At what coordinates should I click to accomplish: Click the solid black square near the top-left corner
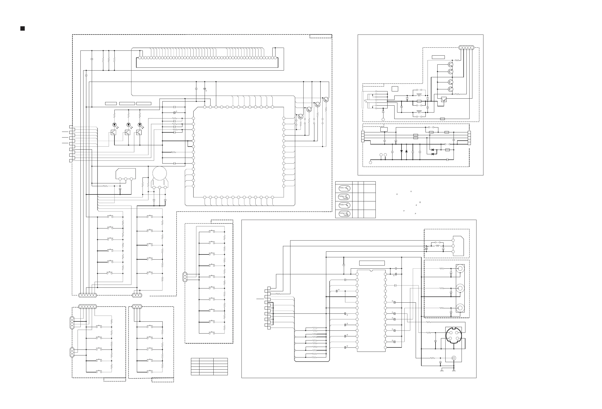[22, 29]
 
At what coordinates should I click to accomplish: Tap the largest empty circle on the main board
[160, 173]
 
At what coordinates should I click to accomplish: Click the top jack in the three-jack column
[460, 268]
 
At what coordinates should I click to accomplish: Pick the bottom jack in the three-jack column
[460, 308]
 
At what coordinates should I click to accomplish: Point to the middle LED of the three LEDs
[128, 125]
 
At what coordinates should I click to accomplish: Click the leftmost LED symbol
[114, 125]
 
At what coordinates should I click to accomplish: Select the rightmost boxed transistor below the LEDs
[139, 132]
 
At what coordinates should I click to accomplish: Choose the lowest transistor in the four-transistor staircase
[300, 116]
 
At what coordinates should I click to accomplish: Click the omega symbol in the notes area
[420, 202]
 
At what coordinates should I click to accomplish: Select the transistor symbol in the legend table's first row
[344, 189]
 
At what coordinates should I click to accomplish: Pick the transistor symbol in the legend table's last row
[344, 214]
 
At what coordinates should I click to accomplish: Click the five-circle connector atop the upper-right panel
[466, 48]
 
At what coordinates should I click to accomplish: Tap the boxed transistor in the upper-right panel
[444, 99]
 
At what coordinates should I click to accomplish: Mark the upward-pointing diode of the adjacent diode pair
[406, 151]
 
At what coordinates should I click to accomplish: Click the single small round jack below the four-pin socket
[454, 358]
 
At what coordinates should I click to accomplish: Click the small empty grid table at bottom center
[209, 367]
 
